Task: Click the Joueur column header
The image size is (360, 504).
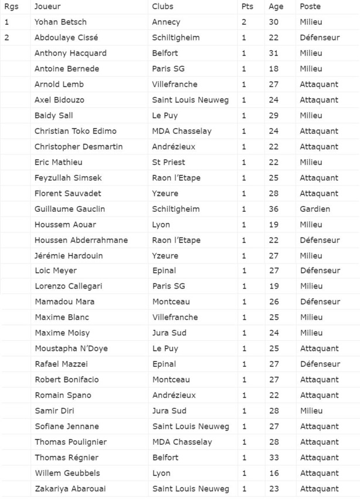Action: pos(47,6)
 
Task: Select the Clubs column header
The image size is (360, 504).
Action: pos(162,6)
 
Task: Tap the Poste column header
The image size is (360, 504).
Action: pos(310,6)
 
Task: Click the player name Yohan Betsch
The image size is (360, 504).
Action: pos(60,22)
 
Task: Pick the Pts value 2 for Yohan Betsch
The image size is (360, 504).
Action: pos(244,22)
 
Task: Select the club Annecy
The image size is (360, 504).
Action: pos(166,22)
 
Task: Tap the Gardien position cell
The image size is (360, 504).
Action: pos(315,209)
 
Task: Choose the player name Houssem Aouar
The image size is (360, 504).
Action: pos(65,225)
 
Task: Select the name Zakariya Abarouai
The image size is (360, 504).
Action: pos(70,489)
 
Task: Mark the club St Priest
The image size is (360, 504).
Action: pos(168,163)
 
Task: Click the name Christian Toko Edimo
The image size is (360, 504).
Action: pos(76,131)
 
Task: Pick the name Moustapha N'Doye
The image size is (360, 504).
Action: pos(71,349)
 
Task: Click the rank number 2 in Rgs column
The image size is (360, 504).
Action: pos(6,38)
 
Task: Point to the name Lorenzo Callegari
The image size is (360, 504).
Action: pos(68,287)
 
